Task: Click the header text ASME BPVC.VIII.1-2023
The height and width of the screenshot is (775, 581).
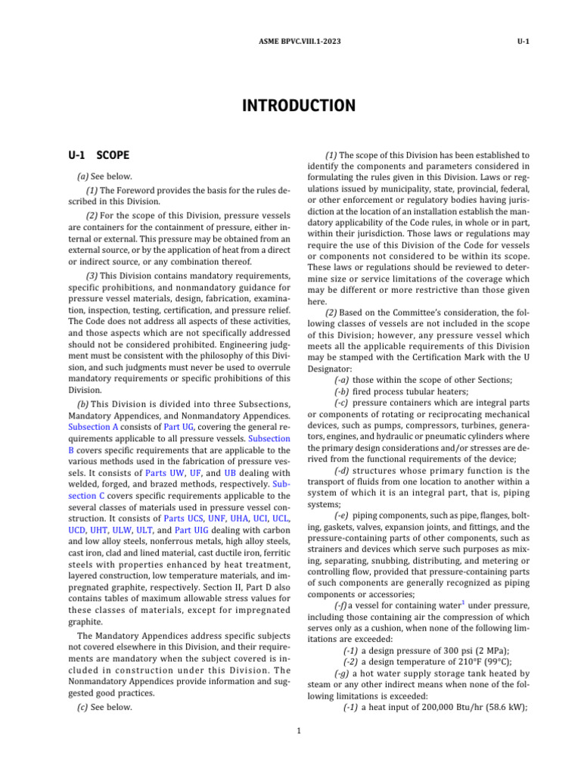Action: click(x=290, y=41)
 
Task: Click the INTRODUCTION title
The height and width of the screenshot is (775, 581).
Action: click(x=298, y=105)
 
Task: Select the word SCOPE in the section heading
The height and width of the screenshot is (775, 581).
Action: click(x=113, y=155)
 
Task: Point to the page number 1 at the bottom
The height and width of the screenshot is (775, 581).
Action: click(x=300, y=730)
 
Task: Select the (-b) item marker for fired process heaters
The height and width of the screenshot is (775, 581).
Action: click(x=342, y=391)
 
